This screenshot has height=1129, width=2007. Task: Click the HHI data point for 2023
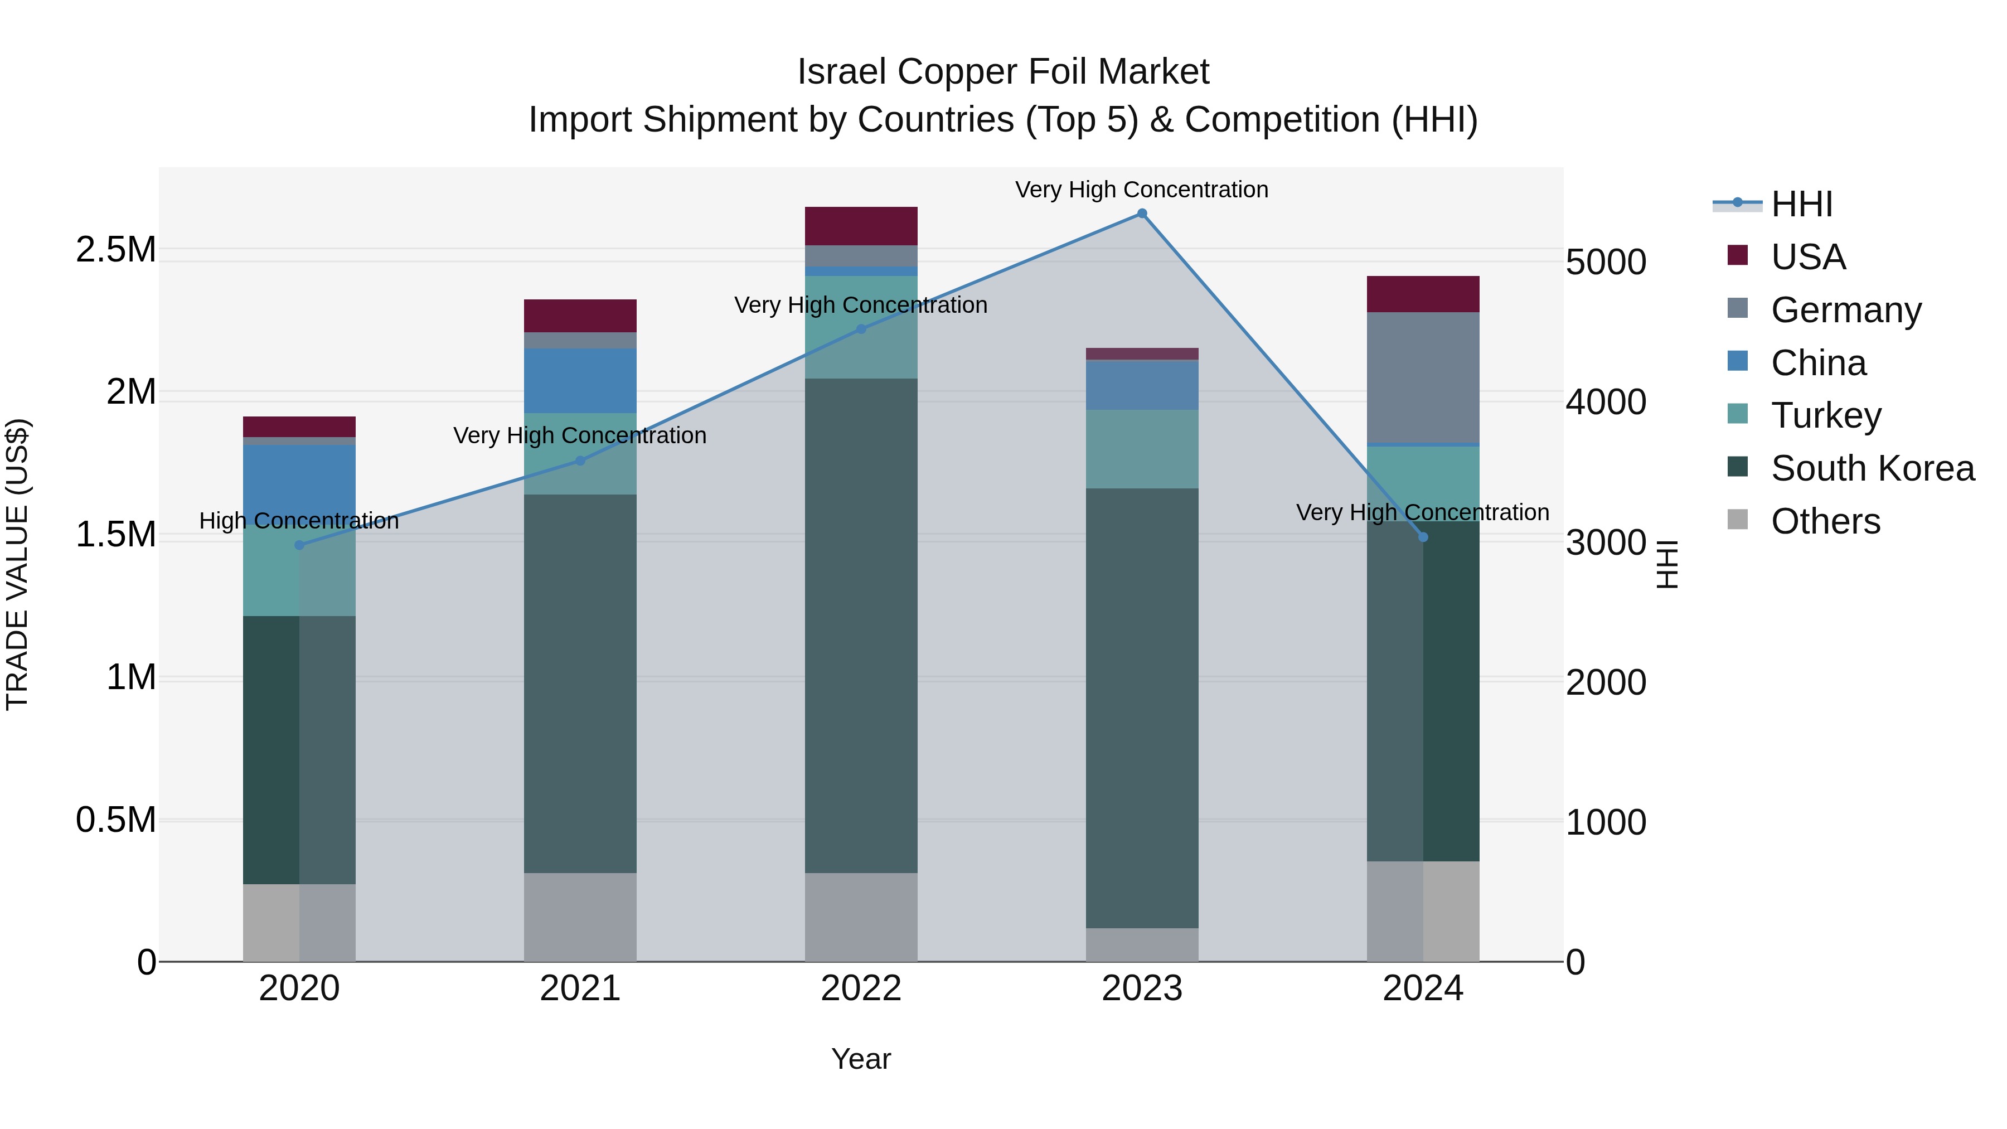1142,214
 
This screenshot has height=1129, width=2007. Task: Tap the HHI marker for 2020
299,545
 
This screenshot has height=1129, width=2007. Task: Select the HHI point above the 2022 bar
861,330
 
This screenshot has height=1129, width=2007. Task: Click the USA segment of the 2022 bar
861,226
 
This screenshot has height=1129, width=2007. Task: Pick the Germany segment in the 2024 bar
1423,378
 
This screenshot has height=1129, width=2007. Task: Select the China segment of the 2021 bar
580,380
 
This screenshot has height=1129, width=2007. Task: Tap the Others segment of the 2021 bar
580,917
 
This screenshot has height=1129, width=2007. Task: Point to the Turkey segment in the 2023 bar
1142,449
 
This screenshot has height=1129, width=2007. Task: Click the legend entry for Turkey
1825,415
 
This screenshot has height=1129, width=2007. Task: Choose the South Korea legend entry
1872,468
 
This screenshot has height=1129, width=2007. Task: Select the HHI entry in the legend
1801,204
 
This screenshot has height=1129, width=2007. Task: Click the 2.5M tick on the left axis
116,250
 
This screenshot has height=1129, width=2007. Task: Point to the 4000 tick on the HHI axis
1606,402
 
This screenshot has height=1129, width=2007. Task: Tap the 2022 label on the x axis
861,989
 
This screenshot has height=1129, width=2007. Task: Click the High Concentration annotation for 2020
299,521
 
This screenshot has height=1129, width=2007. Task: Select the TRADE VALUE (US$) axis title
17,564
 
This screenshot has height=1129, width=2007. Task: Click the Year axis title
861,1059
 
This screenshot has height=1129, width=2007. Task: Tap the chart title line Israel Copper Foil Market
1003,72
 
